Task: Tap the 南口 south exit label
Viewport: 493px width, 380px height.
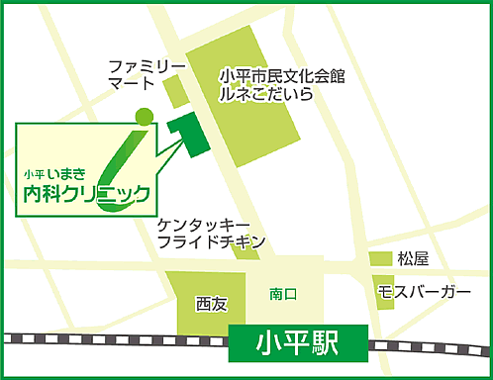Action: coord(284,294)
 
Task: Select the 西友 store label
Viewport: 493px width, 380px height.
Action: coord(211,303)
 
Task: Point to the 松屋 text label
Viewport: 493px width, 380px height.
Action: coord(413,259)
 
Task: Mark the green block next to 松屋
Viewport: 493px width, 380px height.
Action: coord(381,259)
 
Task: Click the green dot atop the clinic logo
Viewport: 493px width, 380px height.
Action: coord(145,115)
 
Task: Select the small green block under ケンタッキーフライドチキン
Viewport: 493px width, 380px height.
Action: coord(244,251)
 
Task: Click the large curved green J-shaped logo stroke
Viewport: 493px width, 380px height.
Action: coord(124,158)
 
